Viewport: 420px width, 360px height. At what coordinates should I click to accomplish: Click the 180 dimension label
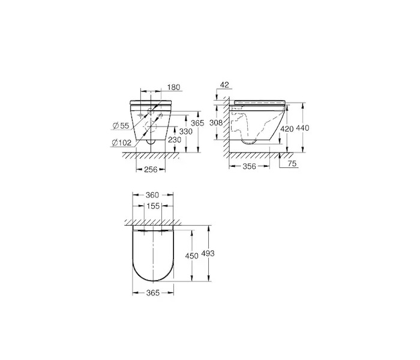pos(174,88)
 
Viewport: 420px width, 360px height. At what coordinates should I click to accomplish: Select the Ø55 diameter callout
pos(121,125)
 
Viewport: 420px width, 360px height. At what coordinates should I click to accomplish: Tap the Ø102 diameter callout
pos(122,143)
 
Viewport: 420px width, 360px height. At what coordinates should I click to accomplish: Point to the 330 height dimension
pos(186,131)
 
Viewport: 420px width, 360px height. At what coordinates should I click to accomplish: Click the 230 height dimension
pos(175,140)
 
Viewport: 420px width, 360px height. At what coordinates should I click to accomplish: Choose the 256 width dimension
pos(151,169)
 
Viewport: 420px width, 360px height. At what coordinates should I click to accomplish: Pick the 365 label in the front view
pos(197,123)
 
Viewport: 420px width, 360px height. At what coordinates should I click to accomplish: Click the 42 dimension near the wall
pos(225,85)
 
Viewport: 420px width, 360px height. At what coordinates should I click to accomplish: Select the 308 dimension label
pos(216,122)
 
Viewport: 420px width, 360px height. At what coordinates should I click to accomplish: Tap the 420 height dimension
pos(287,129)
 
